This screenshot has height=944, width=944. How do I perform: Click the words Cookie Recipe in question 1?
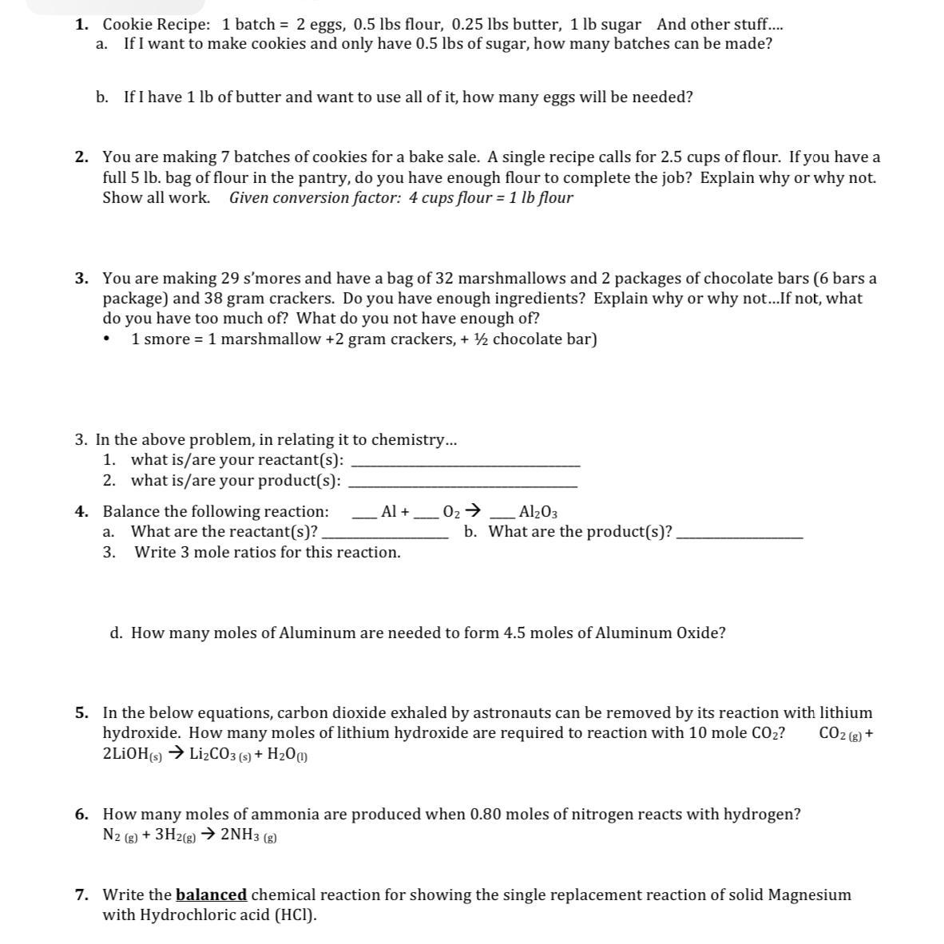pyautogui.click(x=156, y=24)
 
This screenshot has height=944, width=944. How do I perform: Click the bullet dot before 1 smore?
pyautogui.click(x=106, y=339)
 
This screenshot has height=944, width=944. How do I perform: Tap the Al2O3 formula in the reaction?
pyautogui.click(x=538, y=512)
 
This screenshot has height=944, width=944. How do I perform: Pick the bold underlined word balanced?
pyautogui.click(x=211, y=895)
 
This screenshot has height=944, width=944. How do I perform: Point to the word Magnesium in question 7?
pyautogui.click(x=809, y=895)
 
